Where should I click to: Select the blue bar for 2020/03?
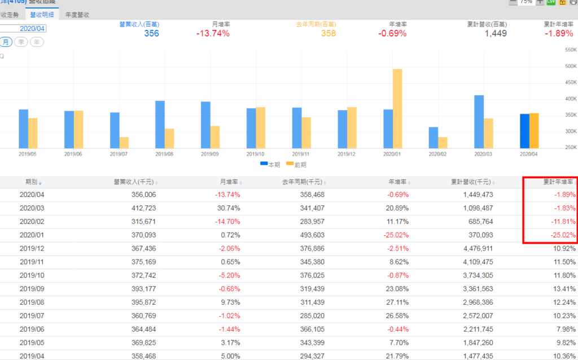479,121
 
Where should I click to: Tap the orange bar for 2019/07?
124,142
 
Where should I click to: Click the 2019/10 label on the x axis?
255,153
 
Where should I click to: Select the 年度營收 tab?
77,15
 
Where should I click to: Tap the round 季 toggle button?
21,42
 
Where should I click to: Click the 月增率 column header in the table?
230,182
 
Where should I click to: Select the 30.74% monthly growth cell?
227,208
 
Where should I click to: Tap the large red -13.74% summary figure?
213,33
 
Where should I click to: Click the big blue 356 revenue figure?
151,33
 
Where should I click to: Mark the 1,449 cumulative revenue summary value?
496,33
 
